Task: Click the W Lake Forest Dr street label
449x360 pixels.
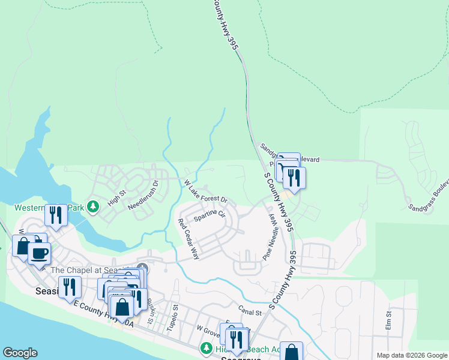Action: [x=206, y=191]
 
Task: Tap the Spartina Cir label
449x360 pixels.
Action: [x=209, y=214]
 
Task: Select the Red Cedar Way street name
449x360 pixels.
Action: [x=188, y=239]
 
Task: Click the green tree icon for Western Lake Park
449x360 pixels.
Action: [x=92, y=207]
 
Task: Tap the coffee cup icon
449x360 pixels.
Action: [x=39, y=253]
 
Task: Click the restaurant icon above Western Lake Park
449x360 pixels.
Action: [x=56, y=214]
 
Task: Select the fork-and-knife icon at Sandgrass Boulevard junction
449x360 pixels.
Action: [x=294, y=176]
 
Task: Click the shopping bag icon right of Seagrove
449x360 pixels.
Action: [x=292, y=352]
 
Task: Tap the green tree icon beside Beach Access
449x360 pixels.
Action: [x=206, y=348]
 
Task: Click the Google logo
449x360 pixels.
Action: [x=20, y=353]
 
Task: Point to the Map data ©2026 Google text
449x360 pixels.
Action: [x=412, y=355]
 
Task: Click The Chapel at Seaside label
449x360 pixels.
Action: [x=90, y=269]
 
